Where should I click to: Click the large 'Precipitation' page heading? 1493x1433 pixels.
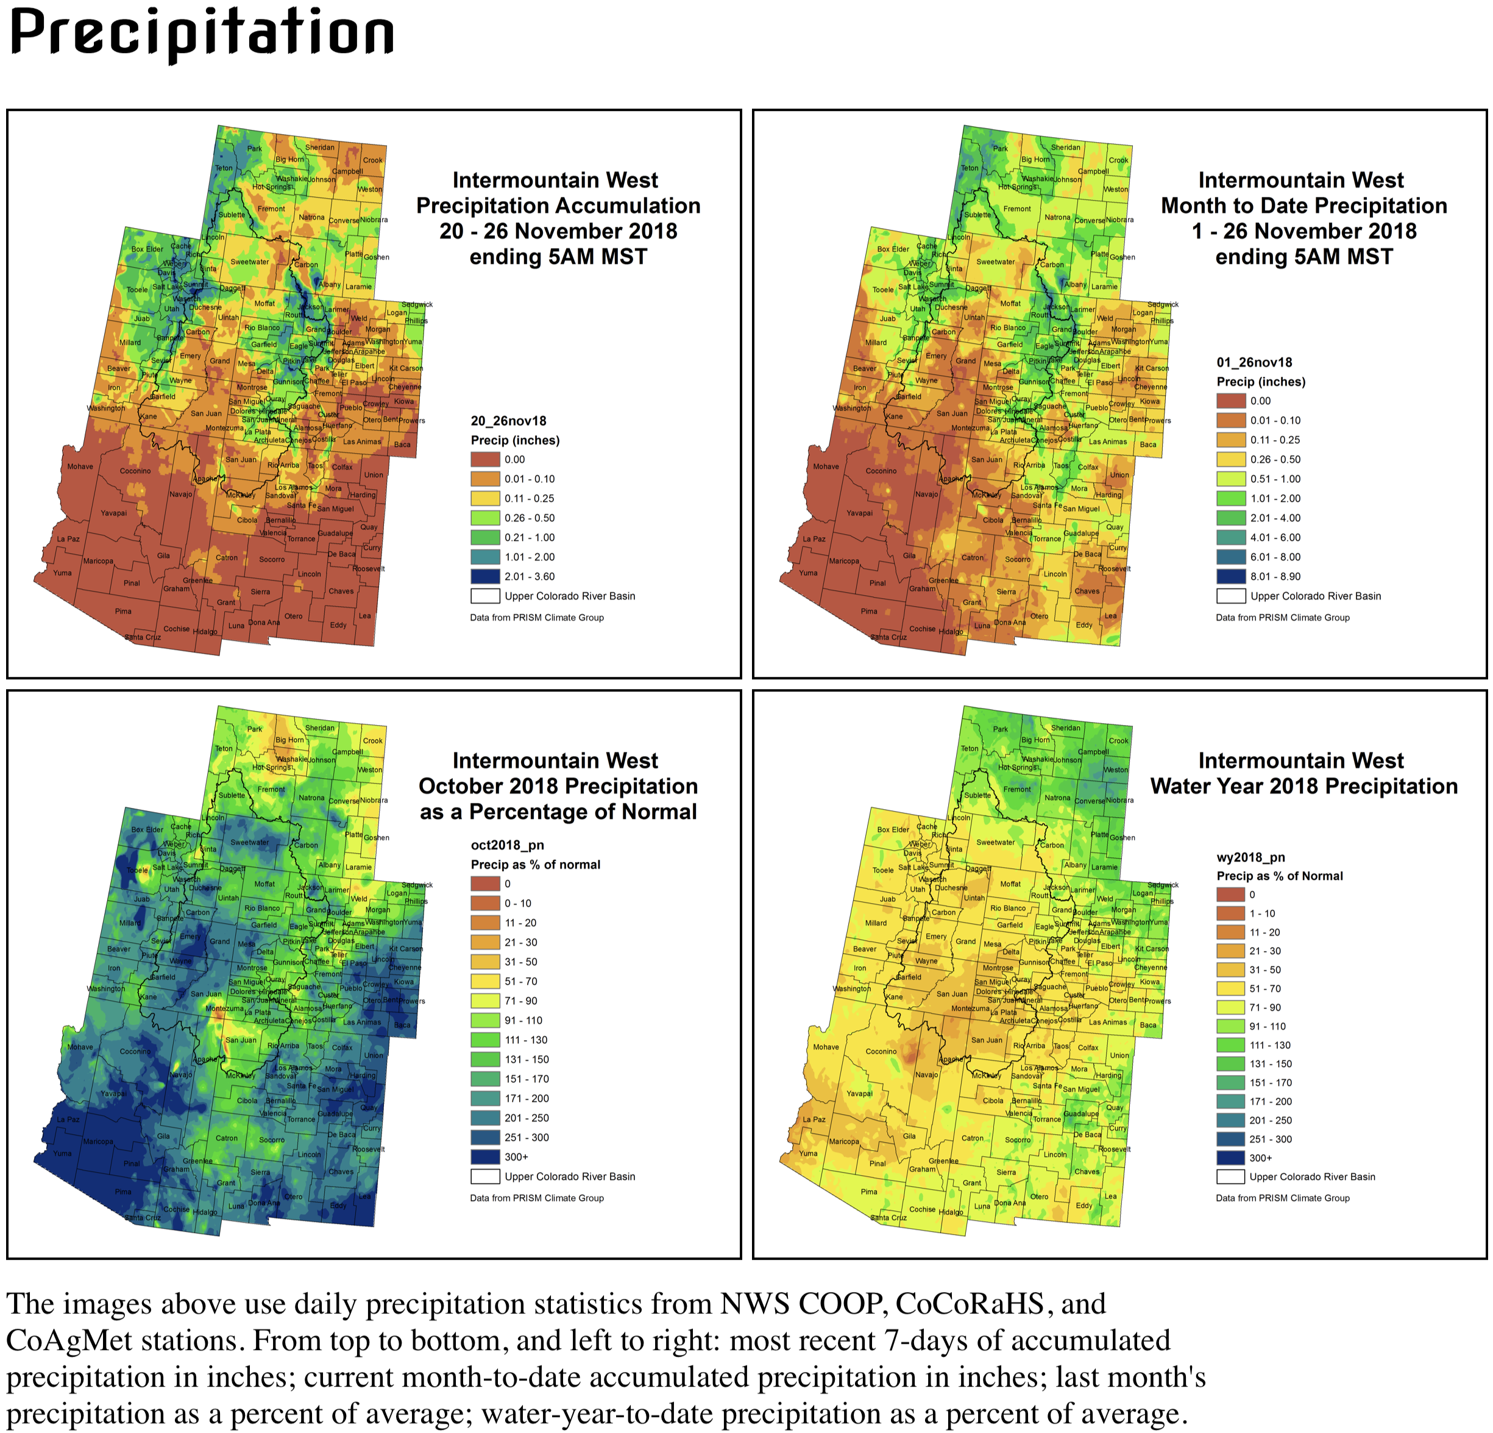[202, 34]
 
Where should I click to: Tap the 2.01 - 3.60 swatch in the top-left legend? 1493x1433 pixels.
[485, 576]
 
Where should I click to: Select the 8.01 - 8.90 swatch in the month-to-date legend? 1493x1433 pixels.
[1231, 576]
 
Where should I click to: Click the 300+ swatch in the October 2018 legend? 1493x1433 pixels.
[485, 1156]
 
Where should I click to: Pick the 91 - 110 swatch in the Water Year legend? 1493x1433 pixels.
[1230, 1026]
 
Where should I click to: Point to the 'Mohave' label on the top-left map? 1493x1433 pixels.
[80, 466]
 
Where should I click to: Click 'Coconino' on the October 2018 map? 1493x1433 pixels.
[135, 1051]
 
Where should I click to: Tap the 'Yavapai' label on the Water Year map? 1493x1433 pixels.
[859, 1093]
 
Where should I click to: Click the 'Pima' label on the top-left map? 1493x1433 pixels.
[123, 610]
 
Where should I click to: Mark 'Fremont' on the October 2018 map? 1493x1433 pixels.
[271, 789]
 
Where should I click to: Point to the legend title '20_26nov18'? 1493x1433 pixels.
[508, 421]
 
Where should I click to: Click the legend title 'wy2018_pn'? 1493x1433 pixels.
[1250, 857]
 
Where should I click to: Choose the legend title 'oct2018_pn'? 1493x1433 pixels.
[507, 845]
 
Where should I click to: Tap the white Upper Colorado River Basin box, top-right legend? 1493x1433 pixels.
[1231, 596]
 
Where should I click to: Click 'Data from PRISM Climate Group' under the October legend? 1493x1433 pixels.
[536, 1198]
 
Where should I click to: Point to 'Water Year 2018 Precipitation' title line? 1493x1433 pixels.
[1303, 786]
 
